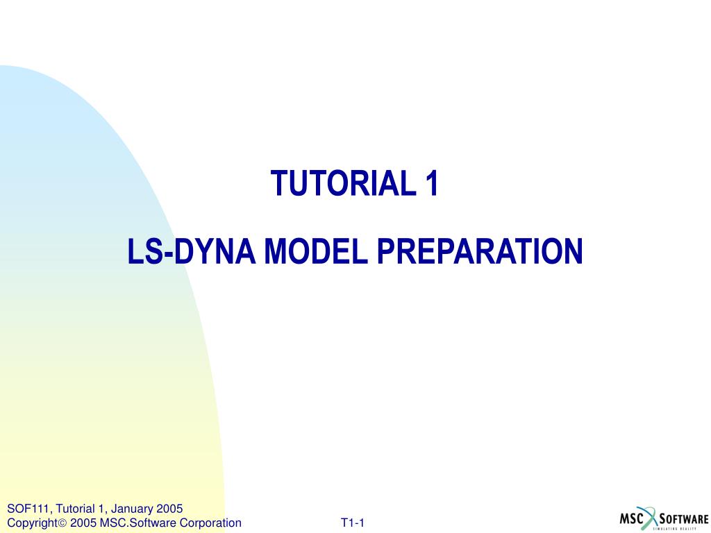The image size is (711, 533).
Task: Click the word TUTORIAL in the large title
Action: tap(343, 183)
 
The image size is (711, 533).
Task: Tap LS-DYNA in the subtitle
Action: tap(192, 251)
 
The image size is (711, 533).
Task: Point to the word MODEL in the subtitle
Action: tap(316, 251)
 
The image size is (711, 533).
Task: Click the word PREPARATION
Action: tap(480, 251)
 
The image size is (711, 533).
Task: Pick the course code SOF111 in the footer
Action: tap(28, 509)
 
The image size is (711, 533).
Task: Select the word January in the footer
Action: tap(131, 509)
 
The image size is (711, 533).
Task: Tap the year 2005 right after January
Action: tap(169, 509)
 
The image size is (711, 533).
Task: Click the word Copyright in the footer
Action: tap(32, 523)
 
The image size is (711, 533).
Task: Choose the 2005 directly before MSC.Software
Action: tap(83, 523)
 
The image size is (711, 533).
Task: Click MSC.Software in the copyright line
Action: tap(138, 523)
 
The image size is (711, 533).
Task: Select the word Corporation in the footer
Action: tap(210, 523)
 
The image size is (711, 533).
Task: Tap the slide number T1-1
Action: tap(353, 523)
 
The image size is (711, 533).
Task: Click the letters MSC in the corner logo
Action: tap(632, 518)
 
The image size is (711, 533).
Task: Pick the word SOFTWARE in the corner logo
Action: tap(684, 519)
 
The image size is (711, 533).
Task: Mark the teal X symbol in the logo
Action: tap(650, 518)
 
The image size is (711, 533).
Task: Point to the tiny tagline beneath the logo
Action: tap(675, 528)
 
